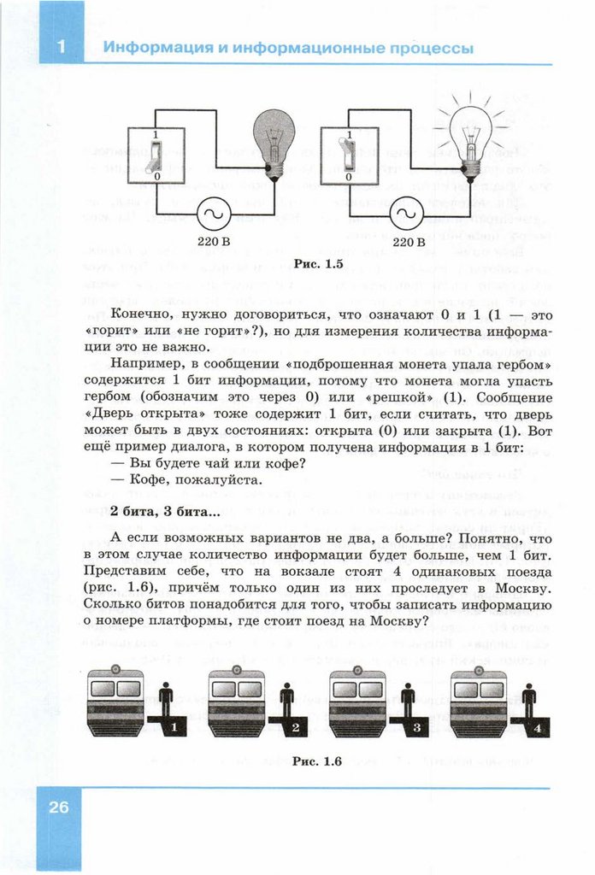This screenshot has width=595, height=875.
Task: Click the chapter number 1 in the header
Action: pyautogui.click(x=61, y=48)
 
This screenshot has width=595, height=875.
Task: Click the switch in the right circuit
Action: pyautogui.click(x=348, y=156)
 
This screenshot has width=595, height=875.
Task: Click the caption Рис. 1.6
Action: pyautogui.click(x=316, y=761)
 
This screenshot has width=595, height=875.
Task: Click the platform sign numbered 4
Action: pyautogui.click(x=537, y=727)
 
